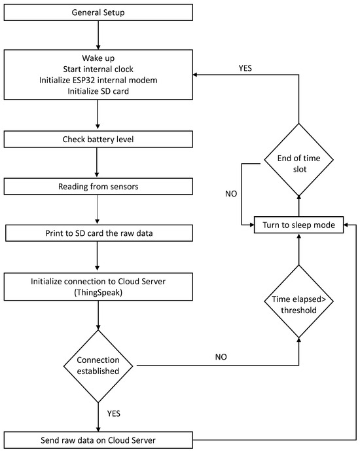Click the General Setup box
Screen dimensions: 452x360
tap(98, 12)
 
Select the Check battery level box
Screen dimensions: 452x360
tap(98, 140)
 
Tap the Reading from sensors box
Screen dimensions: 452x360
tap(98, 186)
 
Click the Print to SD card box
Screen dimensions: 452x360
tap(98, 233)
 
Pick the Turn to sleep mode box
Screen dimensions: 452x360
tap(298, 225)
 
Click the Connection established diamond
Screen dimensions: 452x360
tap(98, 365)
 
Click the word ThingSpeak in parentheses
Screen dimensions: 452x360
tap(98, 293)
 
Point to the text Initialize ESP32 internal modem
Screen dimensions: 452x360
tap(98, 80)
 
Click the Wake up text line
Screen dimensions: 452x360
tap(98, 56)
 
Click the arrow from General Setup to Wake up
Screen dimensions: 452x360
tap(98, 34)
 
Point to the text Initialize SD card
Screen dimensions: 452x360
tap(98, 92)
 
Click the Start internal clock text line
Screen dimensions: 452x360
tap(98, 68)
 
